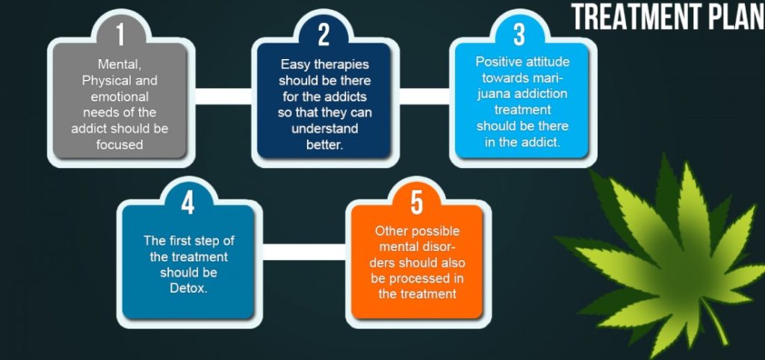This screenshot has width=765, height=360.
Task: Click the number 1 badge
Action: pos(120,34)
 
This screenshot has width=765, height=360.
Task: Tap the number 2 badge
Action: pos(323,34)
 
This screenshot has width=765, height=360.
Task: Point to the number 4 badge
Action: pos(187,202)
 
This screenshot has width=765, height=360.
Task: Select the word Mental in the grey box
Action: pos(119,66)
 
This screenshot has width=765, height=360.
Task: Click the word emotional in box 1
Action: pos(120,97)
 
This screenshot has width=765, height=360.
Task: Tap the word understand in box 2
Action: pos(324,128)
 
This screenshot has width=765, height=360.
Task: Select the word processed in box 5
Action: pos(416,278)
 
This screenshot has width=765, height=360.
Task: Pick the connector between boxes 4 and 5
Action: pos(305,252)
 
